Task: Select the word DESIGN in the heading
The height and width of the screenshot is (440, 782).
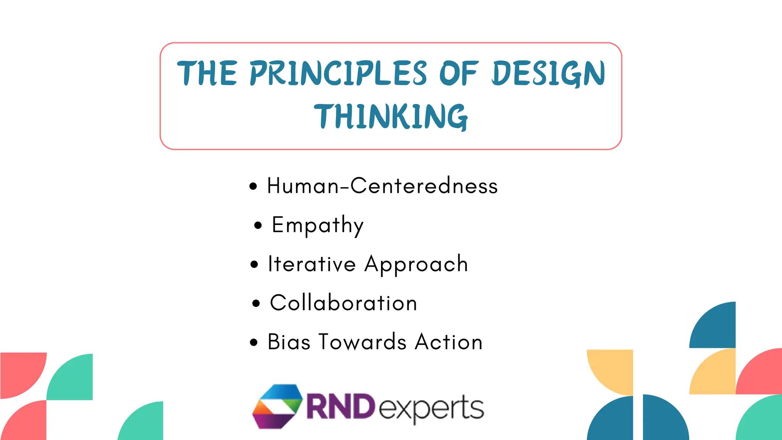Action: click(x=548, y=73)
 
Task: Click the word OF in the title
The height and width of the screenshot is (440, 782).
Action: click(x=458, y=73)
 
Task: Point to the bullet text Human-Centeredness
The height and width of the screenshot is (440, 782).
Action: click(x=382, y=186)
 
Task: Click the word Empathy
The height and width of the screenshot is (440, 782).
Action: click(x=317, y=225)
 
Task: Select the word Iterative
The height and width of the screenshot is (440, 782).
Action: click(x=312, y=264)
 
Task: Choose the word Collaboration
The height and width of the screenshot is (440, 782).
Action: click(x=343, y=303)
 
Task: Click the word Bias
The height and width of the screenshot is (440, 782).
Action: click(x=289, y=342)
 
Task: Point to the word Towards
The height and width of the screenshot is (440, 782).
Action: click(x=362, y=342)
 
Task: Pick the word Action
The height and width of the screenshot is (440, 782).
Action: click(x=449, y=342)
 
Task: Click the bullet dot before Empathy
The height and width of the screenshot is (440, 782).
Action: click(x=258, y=225)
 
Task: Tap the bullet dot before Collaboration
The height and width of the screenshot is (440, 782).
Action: click(x=256, y=304)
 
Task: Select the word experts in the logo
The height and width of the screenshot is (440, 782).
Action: click(x=431, y=408)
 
